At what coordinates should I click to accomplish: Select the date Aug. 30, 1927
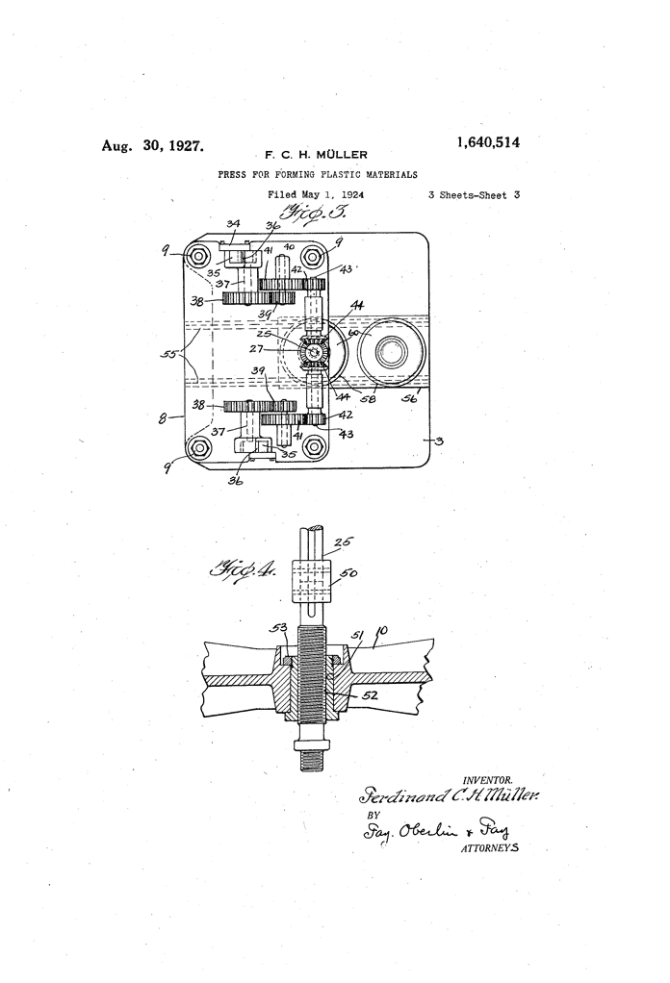pyautogui.click(x=153, y=146)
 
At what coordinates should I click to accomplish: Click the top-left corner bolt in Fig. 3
pyautogui.click(x=199, y=257)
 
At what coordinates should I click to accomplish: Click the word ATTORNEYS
pyautogui.click(x=491, y=849)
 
